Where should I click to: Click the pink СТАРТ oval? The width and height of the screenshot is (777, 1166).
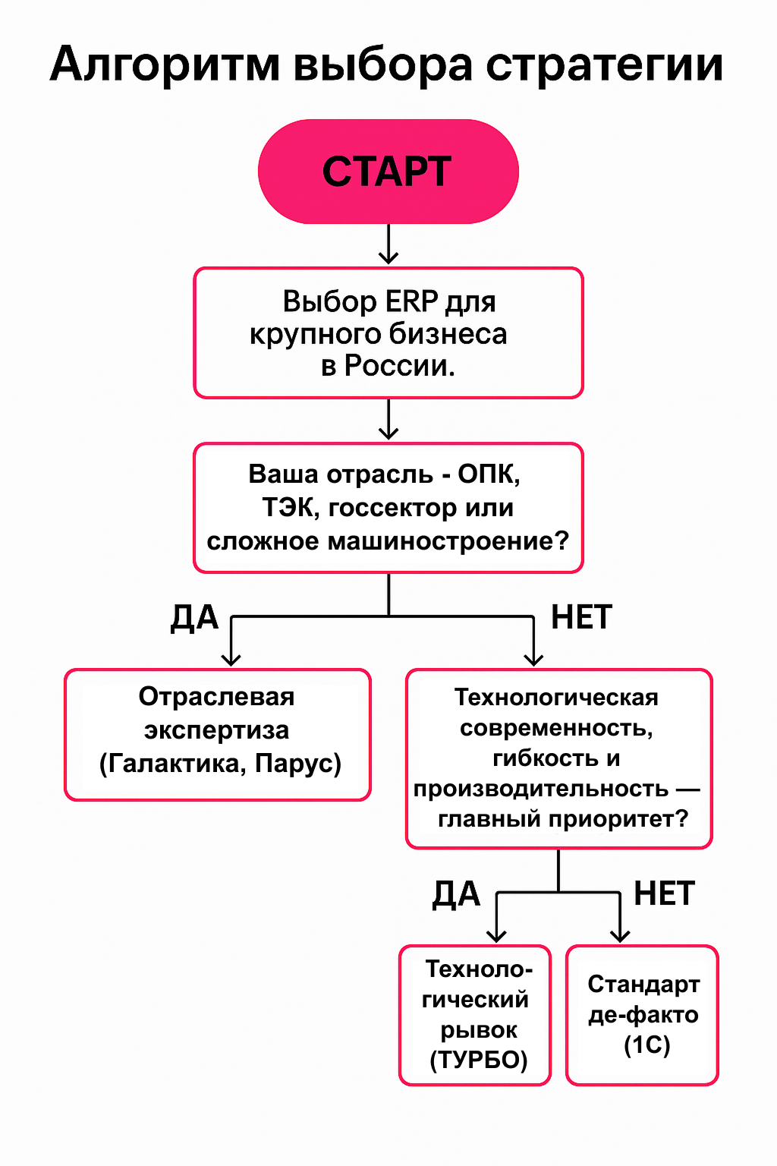click(388, 172)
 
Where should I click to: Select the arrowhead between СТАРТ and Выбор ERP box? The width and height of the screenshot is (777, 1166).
click(388, 257)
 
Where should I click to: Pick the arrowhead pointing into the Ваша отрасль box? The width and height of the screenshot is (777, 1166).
click(388, 431)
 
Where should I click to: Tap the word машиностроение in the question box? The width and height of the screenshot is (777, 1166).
click(442, 541)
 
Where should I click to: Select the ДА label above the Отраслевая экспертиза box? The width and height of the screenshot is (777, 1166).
click(195, 619)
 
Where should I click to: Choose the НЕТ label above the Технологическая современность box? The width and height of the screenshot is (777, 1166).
click(581, 617)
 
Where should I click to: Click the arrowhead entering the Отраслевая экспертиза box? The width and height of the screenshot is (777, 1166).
click(231, 659)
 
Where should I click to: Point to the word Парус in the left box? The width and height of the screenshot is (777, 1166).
click(294, 764)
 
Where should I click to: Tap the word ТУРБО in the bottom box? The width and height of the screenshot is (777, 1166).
click(479, 1060)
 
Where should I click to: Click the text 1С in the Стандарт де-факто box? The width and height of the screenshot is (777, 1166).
click(646, 1045)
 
